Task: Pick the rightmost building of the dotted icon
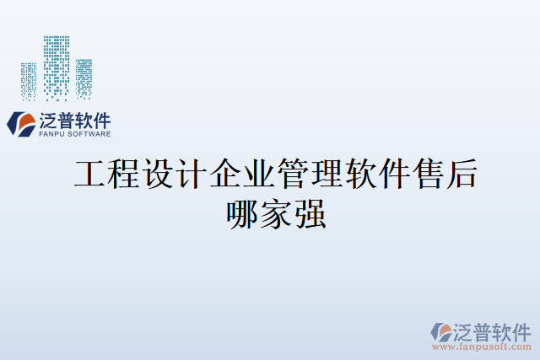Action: [x=84, y=78]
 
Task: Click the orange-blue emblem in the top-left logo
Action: [x=20, y=124]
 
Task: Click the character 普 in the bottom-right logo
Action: [x=480, y=330]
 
